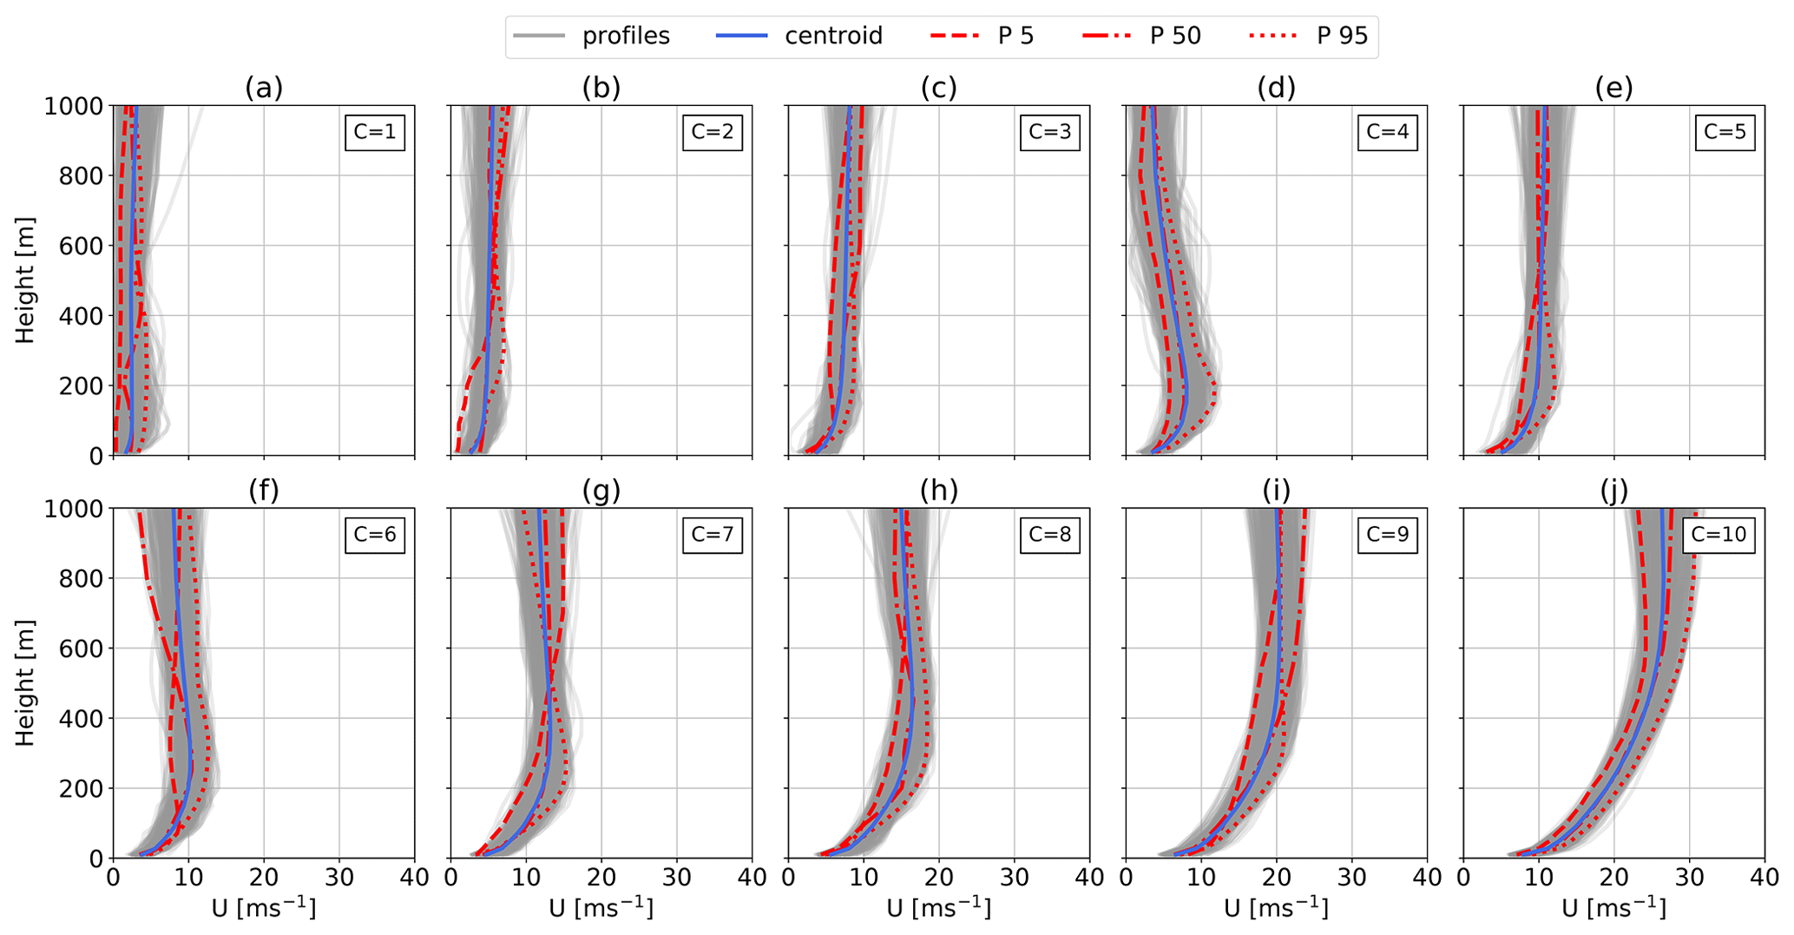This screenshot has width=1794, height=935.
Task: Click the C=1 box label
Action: [x=375, y=132]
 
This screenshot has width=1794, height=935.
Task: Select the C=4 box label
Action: [x=1387, y=132]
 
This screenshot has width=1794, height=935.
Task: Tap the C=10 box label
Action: [x=1718, y=534]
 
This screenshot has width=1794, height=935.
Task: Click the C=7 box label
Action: [x=713, y=534]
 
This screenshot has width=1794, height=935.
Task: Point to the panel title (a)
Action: [x=264, y=88]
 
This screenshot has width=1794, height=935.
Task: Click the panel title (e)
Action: [x=1613, y=88]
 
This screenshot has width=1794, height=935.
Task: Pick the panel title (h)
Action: [x=938, y=491]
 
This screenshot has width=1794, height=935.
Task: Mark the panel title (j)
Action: [x=1613, y=491]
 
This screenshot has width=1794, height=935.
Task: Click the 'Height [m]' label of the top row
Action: [x=24, y=280]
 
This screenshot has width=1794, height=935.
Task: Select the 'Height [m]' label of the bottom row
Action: [x=24, y=682]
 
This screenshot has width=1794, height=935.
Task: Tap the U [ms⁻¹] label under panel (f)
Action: [x=264, y=908]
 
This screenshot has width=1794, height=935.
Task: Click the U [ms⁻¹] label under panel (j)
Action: [x=1613, y=908]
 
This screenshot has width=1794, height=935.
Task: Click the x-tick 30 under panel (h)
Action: [x=1014, y=878]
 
